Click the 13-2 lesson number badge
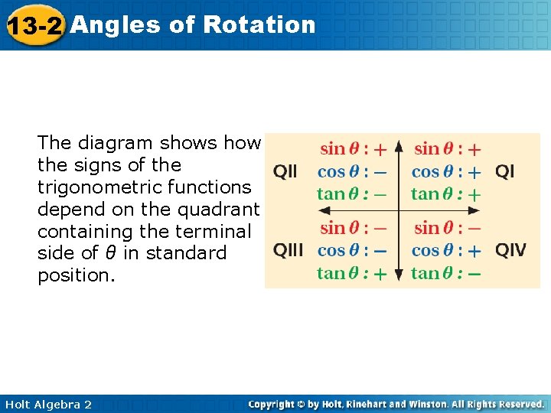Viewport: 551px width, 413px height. point(34,26)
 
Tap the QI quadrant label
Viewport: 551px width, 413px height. point(505,171)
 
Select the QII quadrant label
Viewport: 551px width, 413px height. point(285,172)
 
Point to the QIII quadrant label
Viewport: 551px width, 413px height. point(289,251)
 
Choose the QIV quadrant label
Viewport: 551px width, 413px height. point(510,251)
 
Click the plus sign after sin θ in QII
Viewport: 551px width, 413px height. point(379,149)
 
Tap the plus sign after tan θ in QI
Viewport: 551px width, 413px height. point(474,195)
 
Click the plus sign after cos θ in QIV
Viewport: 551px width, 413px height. point(474,251)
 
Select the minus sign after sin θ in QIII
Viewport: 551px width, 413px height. point(379,228)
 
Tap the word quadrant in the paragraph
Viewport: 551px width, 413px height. point(217,209)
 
